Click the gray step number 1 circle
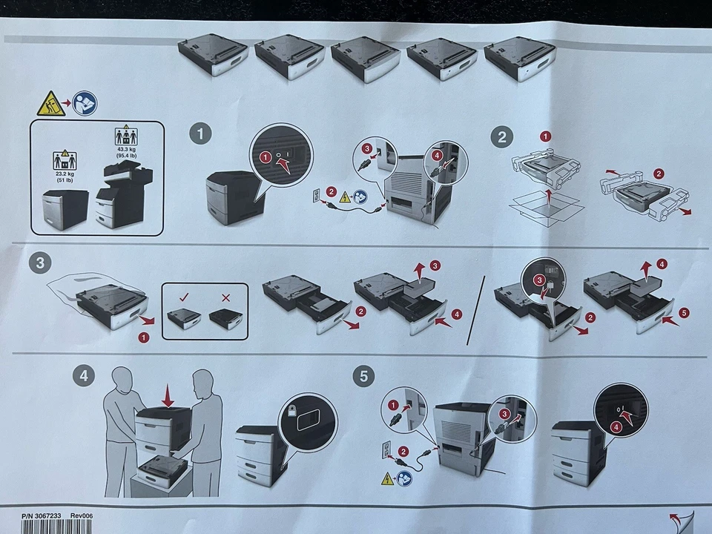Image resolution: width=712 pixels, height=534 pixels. [200, 134]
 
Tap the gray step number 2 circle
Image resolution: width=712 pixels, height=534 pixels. [502, 136]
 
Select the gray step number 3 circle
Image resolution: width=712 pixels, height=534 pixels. [40, 263]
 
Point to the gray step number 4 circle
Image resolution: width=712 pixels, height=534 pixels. [84, 376]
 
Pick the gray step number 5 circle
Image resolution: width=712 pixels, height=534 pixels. [363, 376]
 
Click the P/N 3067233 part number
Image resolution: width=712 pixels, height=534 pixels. [41, 516]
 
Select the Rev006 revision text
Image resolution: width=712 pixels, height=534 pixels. [82, 516]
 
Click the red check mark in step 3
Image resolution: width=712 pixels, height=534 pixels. [184, 297]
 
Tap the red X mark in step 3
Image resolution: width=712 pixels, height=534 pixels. [225, 298]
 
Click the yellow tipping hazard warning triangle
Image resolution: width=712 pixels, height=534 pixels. [50, 104]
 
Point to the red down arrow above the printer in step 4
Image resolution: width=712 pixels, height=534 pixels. [168, 395]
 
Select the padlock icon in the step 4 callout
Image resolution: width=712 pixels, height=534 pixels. [291, 412]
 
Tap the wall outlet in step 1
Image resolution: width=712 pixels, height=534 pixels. [317, 195]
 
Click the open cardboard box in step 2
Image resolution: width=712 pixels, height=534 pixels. [547, 209]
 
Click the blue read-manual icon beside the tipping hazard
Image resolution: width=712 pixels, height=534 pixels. [85, 103]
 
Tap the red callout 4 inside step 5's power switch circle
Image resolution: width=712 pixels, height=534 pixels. [616, 427]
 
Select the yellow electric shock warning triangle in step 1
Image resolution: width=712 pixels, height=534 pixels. [345, 197]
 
